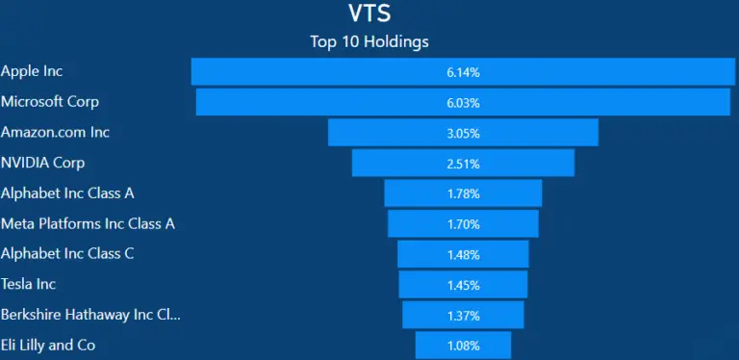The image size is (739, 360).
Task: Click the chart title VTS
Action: point(369,13)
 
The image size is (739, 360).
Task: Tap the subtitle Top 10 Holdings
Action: point(369,41)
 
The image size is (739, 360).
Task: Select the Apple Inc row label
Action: point(32,71)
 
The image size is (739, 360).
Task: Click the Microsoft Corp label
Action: point(50,101)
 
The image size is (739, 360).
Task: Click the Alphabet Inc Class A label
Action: point(67,193)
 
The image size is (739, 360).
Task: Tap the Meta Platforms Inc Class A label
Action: point(88,223)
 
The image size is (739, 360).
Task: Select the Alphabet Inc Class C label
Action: point(67,253)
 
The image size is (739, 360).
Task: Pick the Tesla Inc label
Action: point(29,284)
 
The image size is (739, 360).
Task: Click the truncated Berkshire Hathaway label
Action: point(90,315)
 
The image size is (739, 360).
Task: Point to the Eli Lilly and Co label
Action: point(48,345)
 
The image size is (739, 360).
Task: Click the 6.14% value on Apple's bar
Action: point(463,72)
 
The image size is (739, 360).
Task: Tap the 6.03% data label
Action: point(463,103)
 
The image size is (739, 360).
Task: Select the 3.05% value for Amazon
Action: point(463,133)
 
